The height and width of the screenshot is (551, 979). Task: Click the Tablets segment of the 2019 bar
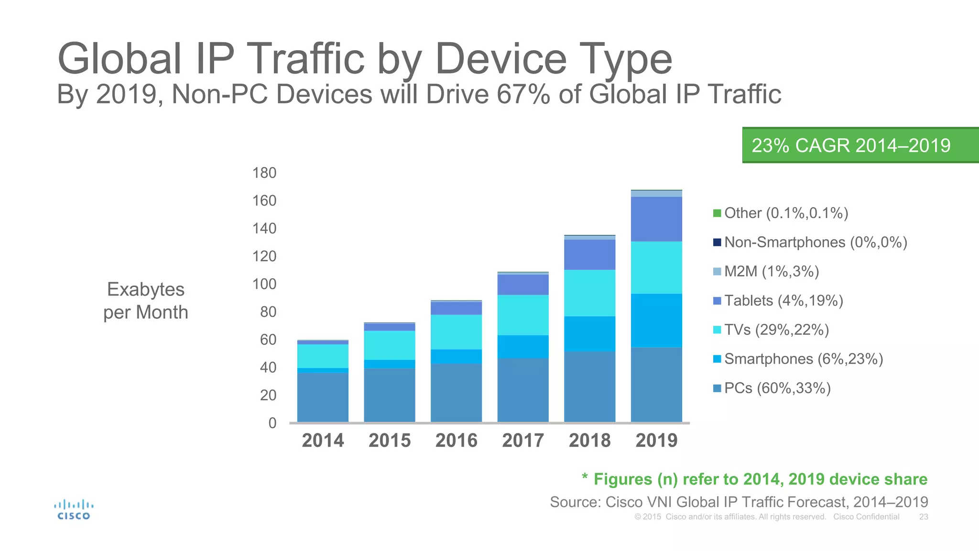point(656,219)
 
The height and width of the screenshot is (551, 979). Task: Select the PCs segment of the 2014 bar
point(323,397)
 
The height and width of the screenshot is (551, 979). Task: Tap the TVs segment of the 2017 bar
point(523,315)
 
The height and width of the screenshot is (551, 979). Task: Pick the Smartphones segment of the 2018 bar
point(589,334)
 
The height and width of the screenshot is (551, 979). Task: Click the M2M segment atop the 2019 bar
point(656,194)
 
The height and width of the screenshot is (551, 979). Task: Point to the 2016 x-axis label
point(456,441)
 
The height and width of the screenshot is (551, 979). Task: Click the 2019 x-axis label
point(656,441)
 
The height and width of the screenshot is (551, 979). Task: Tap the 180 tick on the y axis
point(264,173)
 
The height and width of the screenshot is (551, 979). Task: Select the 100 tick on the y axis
point(264,284)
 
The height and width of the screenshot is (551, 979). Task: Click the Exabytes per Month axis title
point(146,301)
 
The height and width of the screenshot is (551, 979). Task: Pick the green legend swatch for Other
point(717,213)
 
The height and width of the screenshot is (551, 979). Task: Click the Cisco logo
point(74,510)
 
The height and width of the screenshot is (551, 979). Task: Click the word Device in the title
point(500,59)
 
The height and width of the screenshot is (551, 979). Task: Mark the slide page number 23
point(924,517)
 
